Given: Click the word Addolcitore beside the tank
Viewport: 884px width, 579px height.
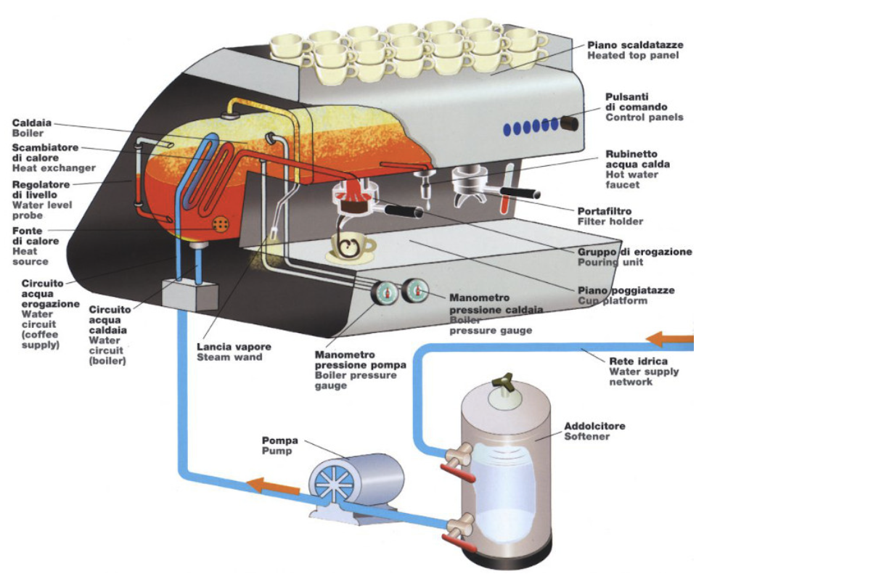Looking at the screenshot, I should coord(594,426).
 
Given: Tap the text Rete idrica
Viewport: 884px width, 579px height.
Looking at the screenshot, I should coord(634,361).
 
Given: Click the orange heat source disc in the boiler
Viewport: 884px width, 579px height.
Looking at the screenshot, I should coord(219,226).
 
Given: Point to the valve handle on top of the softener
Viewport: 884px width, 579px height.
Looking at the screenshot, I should coord(501,383).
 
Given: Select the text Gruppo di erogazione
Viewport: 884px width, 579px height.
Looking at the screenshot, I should coord(634,252).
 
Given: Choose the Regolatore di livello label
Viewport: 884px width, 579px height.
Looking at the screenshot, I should coord(41,190).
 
